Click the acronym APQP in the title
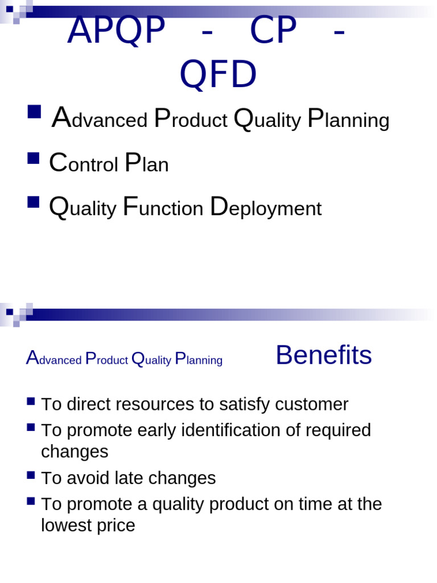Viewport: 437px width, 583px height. tap(116, 31)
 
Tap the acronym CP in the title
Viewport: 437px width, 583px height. tap(273, 31)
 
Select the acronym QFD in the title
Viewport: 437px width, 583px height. tap(218, 75)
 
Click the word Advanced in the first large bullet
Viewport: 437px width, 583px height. tap(100, 120)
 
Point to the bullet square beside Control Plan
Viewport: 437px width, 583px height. tap(34, 158)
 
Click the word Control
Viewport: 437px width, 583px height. tap(84, 164)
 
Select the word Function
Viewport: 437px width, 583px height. tap(163, 208)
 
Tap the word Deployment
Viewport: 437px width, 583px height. tap(266, 208)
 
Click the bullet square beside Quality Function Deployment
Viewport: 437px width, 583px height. tap(34, 202)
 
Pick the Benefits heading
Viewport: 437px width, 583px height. tap(323, 355)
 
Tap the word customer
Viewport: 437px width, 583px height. tap(312, 404)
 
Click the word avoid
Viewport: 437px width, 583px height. tap(86, 478)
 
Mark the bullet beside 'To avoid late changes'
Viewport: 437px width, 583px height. tap(31, 474)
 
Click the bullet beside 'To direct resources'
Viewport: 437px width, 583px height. tap(31, 401)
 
